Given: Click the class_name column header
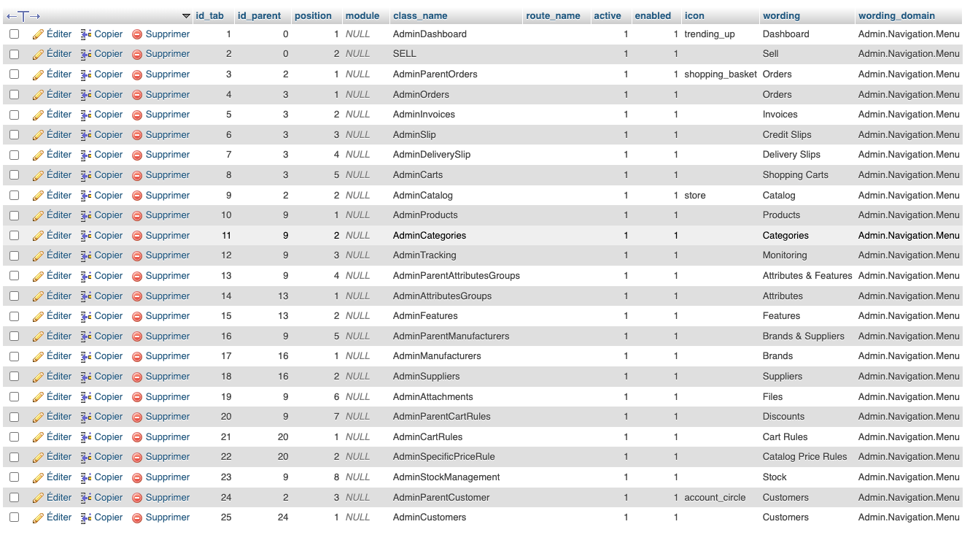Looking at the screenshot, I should click(x=420, y=15).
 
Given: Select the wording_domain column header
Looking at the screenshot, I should click(x=896, y=15).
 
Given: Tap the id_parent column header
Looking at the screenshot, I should click(x=259, y=15).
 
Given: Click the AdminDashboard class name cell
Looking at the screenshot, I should click(x=430, y=34).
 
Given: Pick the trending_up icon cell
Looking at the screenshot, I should click(x=710, y=34).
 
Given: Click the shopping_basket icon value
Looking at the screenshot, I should click(x=721, y=74).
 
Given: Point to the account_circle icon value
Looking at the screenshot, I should click(x=715, y=498).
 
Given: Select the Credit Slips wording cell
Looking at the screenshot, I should click(x=786, y=135).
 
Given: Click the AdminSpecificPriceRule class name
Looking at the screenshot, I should click(x=443, y=457).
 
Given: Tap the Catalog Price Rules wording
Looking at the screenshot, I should click(x=804, y=457).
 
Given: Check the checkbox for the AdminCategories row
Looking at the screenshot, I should click(x=15, y=236).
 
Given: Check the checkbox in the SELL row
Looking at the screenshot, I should click(x=15, y=54).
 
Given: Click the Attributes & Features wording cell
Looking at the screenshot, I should click(x=807, y=276).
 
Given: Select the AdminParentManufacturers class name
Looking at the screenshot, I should click(x=451, y=336).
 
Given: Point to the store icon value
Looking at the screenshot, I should click(x=695, y=196).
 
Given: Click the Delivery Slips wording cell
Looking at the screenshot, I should click(x=791, y=155).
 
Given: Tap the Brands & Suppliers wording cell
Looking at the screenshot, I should click(x=803, y=336).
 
